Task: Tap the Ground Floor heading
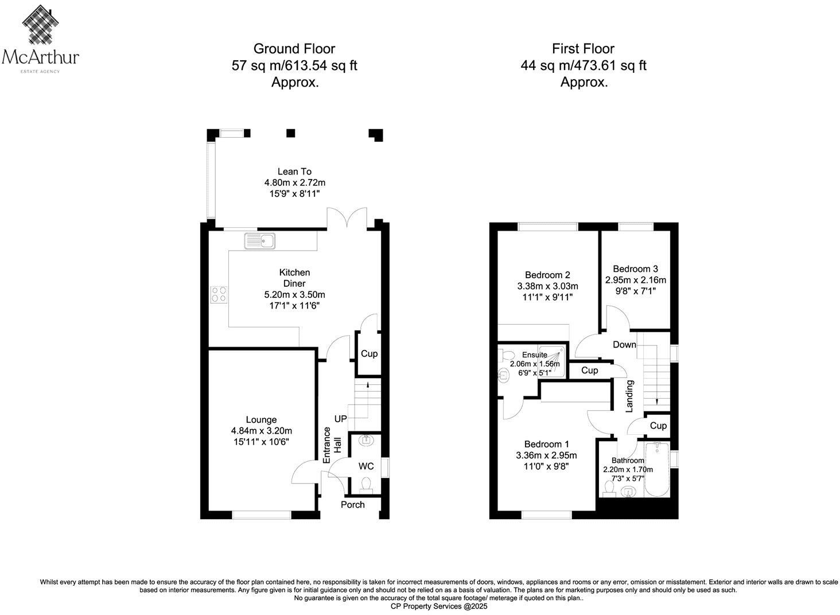294,49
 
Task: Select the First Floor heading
583,49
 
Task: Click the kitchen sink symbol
259,241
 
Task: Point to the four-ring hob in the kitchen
219,294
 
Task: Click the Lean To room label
294,171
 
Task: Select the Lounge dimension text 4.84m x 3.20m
261,431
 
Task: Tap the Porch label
352,505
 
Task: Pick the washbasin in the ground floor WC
365,441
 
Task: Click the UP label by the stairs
340,419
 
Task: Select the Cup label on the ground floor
369,354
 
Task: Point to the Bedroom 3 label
635,268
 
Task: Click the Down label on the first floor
624,345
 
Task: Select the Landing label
629,396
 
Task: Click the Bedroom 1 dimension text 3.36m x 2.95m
546,456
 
